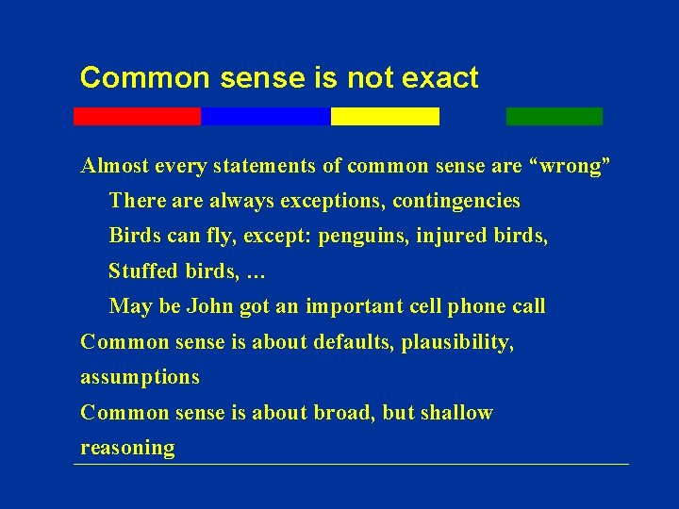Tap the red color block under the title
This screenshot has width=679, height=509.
tap(137, 116)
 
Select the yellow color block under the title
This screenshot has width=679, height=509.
tap(385, 116)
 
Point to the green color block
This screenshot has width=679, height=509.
tap(554, 116)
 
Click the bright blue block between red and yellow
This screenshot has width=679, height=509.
tap(265, 116)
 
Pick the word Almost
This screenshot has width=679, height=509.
tap(112, 167)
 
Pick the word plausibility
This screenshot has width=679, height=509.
tap(457, 341)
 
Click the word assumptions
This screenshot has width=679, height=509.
tap(140, 377)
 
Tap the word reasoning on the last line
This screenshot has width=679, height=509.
tap(127, 448)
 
